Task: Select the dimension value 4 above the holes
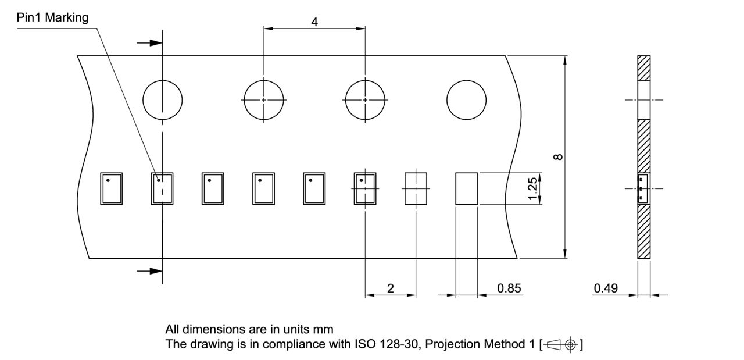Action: [x=314, y=22]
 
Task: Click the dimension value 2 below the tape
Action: [x=390, y=288]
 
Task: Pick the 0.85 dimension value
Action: [x=509, y=288]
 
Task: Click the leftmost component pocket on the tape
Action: [x=111, y=188]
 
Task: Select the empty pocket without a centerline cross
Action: [x=466, y=188]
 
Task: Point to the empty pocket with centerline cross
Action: [x=416, y=188]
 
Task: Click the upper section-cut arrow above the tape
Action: [x=149, y=43]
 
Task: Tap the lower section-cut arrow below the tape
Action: [x=149, y=270]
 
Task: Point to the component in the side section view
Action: [x=643, y=188]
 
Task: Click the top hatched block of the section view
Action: [x=643, y=68]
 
